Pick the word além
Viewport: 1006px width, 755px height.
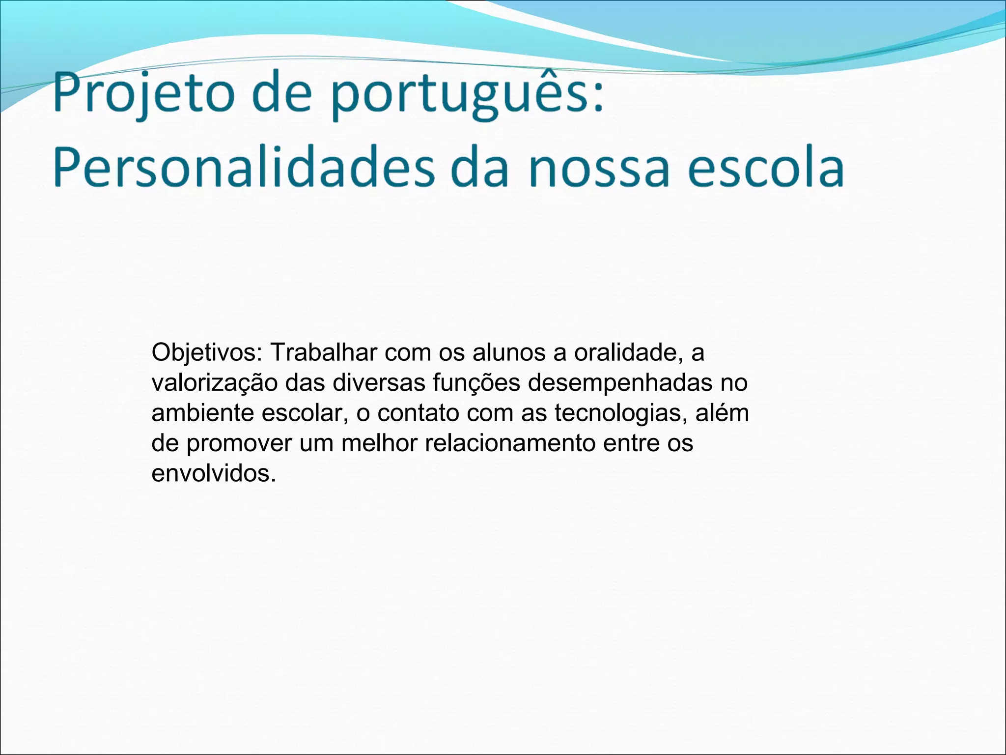(722, 413)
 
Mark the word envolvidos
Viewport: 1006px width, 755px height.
(214, 473)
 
